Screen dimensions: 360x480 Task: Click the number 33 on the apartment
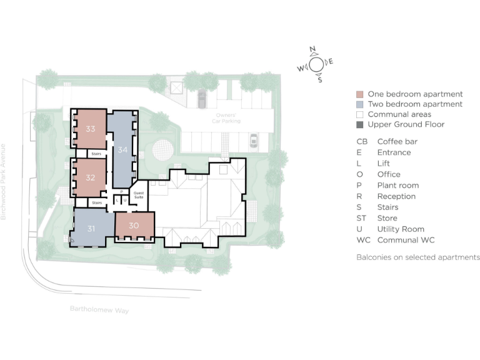(x=91, y=129)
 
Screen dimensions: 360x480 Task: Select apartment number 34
(x=122, y=149)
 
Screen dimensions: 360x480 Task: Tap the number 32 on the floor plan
(x=91, y=177)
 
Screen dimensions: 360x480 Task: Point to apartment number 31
(x=91, y=229)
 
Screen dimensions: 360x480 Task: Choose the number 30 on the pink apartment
(x=134, y=226)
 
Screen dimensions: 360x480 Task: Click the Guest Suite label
(x=139, y=196)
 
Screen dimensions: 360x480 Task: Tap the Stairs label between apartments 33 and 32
(x=96, y=153)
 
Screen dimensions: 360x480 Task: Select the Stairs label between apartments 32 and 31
(x=96, y=202)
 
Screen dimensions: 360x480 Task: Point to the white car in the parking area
(x=254, y=141)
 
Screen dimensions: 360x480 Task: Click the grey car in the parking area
(x=202, y=97)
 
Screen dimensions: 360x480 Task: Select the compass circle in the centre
(x=317, y=64)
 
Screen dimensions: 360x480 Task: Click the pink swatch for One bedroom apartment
(x=359, y=94)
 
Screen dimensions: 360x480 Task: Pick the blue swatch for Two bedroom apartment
(x=359, y=104)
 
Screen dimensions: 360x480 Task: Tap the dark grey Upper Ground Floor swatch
(x=359, y=125)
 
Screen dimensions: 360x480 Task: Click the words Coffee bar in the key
(x=397, y=142)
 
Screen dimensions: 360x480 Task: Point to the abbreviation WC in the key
(x=363, y=240)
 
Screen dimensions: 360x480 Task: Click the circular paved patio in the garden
(x=162, y=149)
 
